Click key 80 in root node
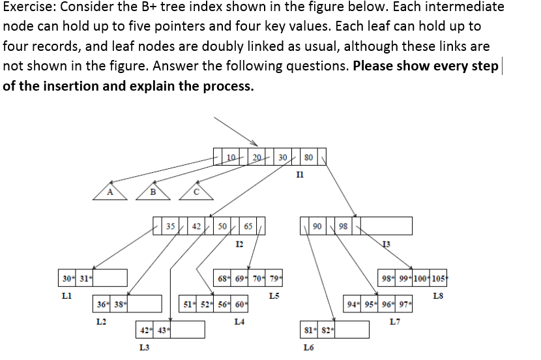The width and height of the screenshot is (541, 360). coord(308,157)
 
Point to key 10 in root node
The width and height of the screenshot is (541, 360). coord(231,157)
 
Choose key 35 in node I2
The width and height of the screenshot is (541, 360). coord(170,226)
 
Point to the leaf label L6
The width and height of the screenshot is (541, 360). coord(308,346)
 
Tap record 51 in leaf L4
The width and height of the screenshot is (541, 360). coord(188,304)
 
